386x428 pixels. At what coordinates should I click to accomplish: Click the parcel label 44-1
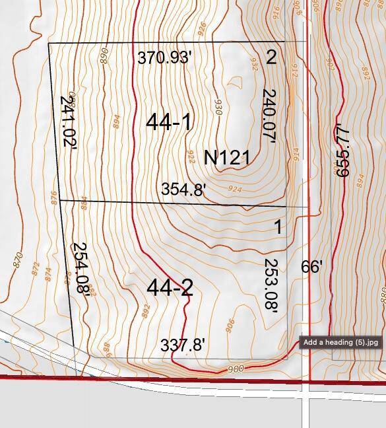[168, 122]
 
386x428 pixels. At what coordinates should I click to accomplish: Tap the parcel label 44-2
[170, 288]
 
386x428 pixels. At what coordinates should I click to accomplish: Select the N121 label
[226, 157]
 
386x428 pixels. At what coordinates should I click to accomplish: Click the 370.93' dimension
[164, 57]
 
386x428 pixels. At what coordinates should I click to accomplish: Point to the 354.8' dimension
[183, 190]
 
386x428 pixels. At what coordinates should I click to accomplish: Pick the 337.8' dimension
[183, 345]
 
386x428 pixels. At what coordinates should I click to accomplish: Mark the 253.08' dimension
[270, 285]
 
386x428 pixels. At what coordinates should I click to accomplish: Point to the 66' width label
[311, 267]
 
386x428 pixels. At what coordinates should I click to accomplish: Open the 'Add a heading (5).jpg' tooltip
[340, 342]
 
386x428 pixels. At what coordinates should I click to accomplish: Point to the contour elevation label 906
[229, 325]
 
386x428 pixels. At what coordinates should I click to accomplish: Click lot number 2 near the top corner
[271, 57]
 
